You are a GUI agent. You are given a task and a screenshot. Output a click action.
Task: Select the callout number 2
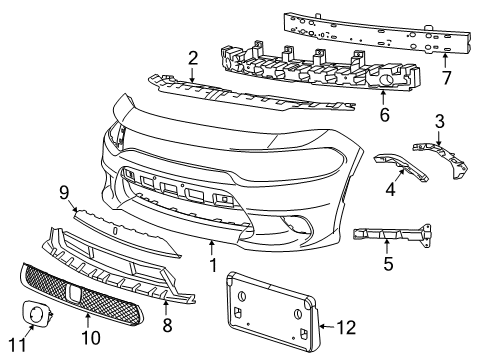pos(192,59)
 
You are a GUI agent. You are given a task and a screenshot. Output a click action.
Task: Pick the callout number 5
pos(388,265)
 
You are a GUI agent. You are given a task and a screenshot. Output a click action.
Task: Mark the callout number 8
pos(167,325)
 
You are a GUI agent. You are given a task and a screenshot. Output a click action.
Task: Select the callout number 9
pos(62,191)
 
